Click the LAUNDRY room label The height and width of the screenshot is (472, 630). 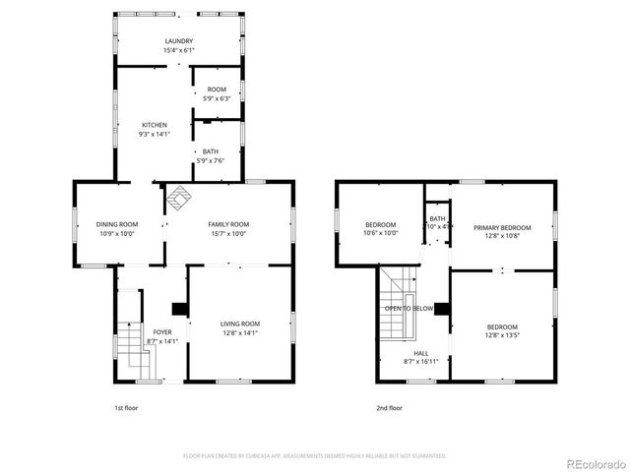click(x=179, y=40)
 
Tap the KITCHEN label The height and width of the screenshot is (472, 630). click(x=155, y=125)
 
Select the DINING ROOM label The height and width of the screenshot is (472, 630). click(x=116, y=224)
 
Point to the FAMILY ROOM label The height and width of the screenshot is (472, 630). click(x=228, y=224)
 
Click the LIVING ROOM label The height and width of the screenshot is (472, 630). click(x=239, y=324)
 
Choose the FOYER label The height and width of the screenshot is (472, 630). click(x=162, y=332)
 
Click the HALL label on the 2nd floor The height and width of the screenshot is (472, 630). click(x=420, y=352)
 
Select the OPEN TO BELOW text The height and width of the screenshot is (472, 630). click(x=409, y=308)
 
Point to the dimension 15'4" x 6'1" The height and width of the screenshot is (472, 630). click(x=179, y=50)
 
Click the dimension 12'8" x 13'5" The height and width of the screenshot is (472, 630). click(x=502, y=335)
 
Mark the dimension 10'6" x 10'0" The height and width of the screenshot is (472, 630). click(x=381, y=233)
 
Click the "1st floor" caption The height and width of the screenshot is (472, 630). click(x=127, y=407)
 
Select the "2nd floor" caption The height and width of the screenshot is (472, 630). click(x=389, y=407)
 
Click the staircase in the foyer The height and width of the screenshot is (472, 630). click(x=126, y=349)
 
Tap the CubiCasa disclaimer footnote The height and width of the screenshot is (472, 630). click(x=315, y=455)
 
